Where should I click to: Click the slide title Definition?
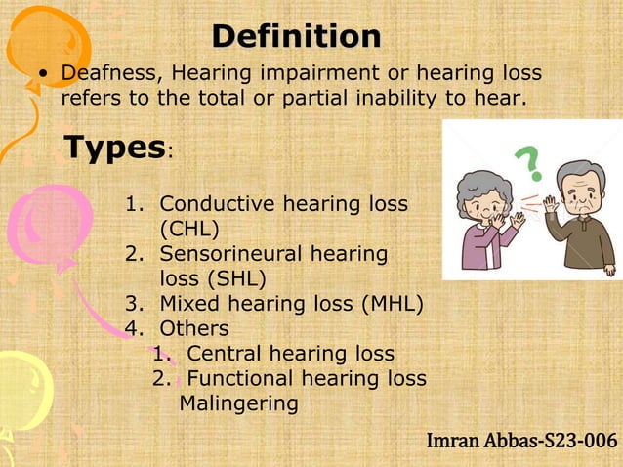pyautogui.click(x=297, y=37)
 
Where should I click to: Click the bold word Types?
pyautogui.click(x=113, y=148)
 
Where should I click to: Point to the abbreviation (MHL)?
pyautogui.click(x=393, y=303)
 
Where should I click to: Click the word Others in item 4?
pyautogui.click(x=193, y=328)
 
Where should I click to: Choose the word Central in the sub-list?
pyautogui.click(x=224, y=354)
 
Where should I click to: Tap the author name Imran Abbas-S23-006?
pyautogui.click(x=521, y=442)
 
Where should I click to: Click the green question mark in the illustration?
pyautogui.click(x=528, y=160)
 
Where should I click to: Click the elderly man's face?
pyautogui.click(x=580, y=190)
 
